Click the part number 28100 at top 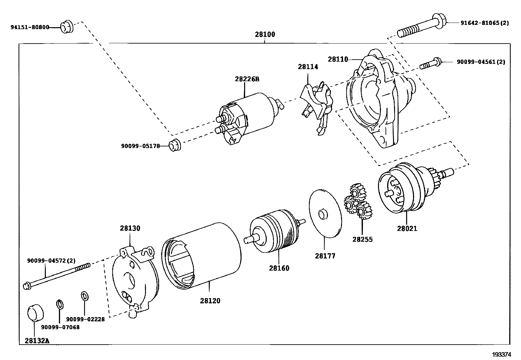pyautogui.click(x=265, y=34)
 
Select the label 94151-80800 pyautogui.click(x=30, y=27)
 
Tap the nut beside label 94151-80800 pyautogui.click(x=67, y=27)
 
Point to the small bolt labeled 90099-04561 pyautogui.click(x=431, y=63)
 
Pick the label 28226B pyautogui.click(x=247, y=79)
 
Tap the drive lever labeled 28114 pyautogui.click(x=317, y=107)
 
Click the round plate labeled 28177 pyautogui.click(x=325, y=214)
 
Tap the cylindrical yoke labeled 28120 pyautogui.click(x=201, y=256)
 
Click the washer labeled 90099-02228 pyautogui.click(x=85, y=296)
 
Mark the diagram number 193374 pyautogui.click(x=501, y=355)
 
